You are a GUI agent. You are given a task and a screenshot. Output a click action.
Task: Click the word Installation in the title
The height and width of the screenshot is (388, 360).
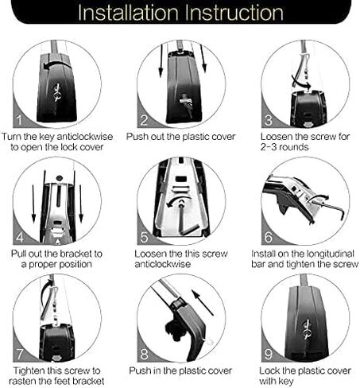pyautogui.click(x=128, y=13)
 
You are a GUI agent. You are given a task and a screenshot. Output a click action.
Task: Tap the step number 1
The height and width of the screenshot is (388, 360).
pyautogui.click(x=19, y=120)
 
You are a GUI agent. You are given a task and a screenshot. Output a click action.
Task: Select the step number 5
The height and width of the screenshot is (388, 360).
pyautogui.click(x=144, y=237)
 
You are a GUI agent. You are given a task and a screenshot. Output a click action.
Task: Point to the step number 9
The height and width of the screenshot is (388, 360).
pyautogui.click(x=269, y=354)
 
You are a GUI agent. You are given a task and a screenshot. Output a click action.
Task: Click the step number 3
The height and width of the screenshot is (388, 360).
pyautogui.click(x=268, y=120)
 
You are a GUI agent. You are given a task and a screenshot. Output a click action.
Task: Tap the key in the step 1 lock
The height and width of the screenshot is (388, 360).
pyautogui.click(x=56, y=92)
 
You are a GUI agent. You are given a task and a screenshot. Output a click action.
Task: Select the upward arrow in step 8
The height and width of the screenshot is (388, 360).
pyautogui.click(x=203, y=302)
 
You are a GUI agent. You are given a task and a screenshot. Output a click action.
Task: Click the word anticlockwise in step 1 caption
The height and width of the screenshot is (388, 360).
pyautogui.click(x=85, y=137)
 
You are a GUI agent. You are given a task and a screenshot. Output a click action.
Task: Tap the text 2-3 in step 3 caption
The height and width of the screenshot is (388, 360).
pyautogui.click(x=269, y=147)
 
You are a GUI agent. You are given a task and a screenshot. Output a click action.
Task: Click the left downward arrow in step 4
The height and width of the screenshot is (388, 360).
pyautogui.click(x=33, y=204)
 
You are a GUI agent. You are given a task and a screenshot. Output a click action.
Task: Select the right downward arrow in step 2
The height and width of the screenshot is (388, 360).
pyautogui.click(x=203, y=58)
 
